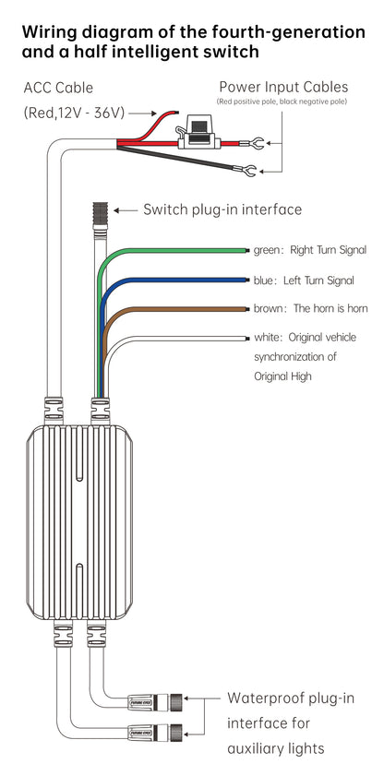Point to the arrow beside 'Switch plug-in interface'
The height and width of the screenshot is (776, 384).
tap(126, 210)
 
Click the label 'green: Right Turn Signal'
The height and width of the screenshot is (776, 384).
tap(310, 250)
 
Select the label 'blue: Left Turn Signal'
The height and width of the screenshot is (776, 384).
tap(304, 281)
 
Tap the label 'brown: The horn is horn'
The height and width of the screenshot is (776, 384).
tap(311, 308)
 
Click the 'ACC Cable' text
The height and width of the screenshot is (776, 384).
tap(58, 88)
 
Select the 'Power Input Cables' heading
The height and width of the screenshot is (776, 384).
tap(283, 87)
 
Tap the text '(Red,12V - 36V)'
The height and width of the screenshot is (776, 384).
tap(74, 113)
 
